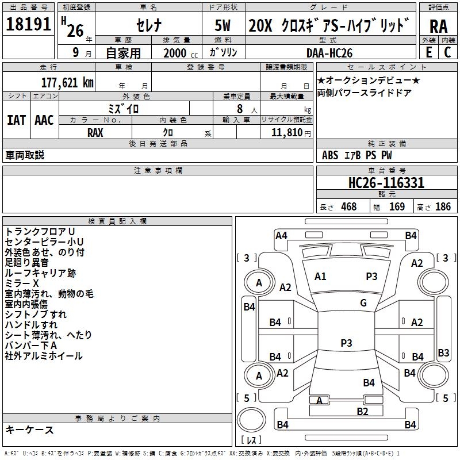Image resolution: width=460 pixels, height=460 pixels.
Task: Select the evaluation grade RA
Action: (438, 26)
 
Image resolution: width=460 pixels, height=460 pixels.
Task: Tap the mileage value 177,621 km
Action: (67, 83)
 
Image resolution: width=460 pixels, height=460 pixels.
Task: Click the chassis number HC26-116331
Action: (386, 183)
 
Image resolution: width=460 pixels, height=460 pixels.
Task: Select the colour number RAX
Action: (95, 132)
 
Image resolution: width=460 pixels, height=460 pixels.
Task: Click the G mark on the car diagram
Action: (363, 303)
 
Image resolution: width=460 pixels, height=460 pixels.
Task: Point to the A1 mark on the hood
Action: (320, 277)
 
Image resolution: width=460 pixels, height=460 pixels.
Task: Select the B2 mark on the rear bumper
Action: (362, 411)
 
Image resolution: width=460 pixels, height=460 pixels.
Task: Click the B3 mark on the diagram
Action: (443, 352)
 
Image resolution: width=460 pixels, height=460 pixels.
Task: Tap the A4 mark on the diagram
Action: (281, 235)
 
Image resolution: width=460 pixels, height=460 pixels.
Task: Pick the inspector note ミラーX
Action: (22, 283)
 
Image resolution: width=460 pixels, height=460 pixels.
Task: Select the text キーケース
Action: (30, 430)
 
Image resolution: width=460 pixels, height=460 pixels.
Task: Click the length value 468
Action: (348, 207)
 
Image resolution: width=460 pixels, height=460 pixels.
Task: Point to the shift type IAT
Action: (16, 120)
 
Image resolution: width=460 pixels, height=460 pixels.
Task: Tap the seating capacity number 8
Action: (237, 109)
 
